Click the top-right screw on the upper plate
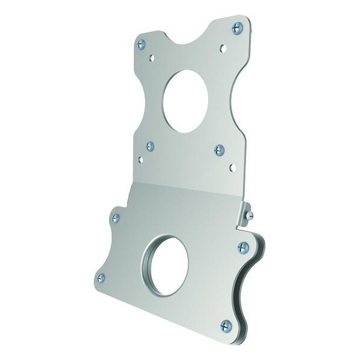[238, 27]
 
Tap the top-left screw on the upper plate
[142, 43]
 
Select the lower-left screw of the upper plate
[150, 146]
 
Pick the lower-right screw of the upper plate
[219, 150]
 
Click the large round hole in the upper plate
[185, 101]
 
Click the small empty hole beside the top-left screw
[151, 58]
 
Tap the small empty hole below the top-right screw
[223, 47]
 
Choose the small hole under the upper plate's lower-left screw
[141, 160]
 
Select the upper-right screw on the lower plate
[243, 247]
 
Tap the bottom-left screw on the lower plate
[101, 277]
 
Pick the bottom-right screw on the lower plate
[226, 325]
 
